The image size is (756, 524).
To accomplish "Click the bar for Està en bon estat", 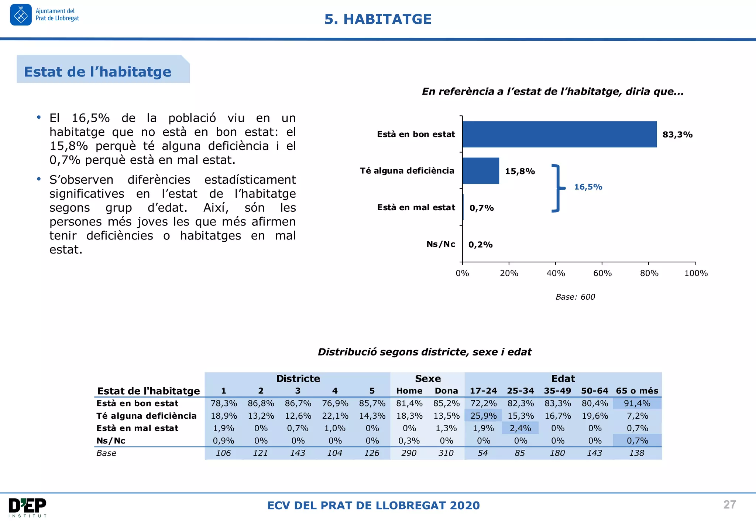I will coord(559,134).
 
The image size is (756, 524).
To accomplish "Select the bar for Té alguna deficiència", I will coord(481,171).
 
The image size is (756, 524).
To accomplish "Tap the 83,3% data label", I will coord(677,135).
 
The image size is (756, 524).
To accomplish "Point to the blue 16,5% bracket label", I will coord(588,187).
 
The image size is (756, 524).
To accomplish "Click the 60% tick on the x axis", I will coord(602,273).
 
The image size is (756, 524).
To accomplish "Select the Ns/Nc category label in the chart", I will coord(441,244).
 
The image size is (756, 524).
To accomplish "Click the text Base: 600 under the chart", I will coord(575,297).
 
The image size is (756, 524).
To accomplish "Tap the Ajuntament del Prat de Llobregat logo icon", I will coord(21,15).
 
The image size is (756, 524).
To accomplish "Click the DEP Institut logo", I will coord(28,507).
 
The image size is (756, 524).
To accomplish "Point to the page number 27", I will coord(729,504).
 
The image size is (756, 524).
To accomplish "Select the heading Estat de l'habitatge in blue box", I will coord(98,72).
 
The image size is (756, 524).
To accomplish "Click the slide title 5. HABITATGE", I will coord(378,19).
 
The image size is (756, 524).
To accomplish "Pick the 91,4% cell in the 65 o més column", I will coord(637,403).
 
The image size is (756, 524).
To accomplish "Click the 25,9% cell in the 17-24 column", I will coord(483,416).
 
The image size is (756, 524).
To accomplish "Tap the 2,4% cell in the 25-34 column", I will coord(520,428).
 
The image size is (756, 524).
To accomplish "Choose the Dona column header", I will coord(446,391).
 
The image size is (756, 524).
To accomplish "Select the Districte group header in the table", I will coord(298,378).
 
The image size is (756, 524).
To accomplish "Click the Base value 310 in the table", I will coord(446,453).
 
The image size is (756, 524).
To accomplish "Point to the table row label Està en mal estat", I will coord(137,428).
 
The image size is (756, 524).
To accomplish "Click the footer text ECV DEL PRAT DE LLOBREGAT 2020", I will coord(374,505).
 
